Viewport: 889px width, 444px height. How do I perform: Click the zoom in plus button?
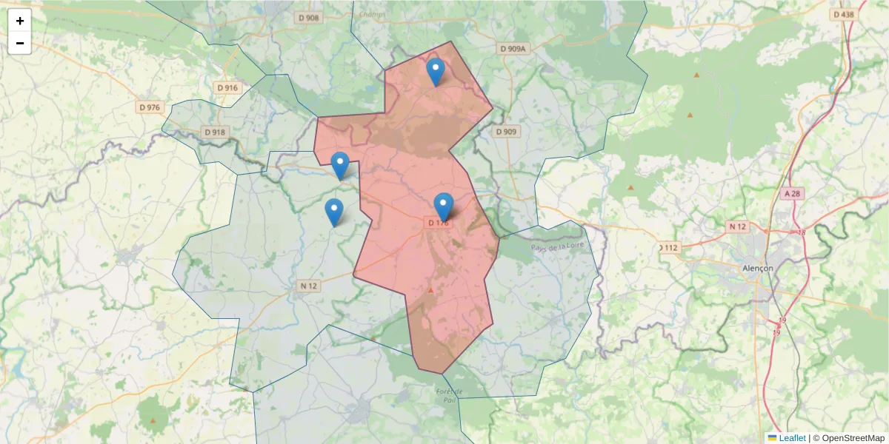(x=20, y=21)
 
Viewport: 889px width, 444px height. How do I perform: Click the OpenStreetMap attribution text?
(x=848, y=438)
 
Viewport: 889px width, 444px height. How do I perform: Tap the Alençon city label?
(x=757, y=268)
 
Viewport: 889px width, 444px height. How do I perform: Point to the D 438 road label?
(x=843, y=14)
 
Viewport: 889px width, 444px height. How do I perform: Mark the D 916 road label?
(x=227, y=87)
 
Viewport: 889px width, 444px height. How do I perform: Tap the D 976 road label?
(x=149, y=107)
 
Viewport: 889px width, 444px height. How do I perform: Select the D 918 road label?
(x=215, y=132)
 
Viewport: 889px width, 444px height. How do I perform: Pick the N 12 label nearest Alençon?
(x=737, y=226)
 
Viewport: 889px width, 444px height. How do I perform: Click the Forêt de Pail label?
(x=450, y=396)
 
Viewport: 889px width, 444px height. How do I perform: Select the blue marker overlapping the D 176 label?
(x=443, y=206)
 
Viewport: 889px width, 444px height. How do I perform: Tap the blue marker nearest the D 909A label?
(x=436, y=72)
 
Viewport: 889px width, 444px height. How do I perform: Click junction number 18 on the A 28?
(x=802, y=232)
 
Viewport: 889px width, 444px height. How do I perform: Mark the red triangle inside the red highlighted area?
(x=430, y=289)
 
